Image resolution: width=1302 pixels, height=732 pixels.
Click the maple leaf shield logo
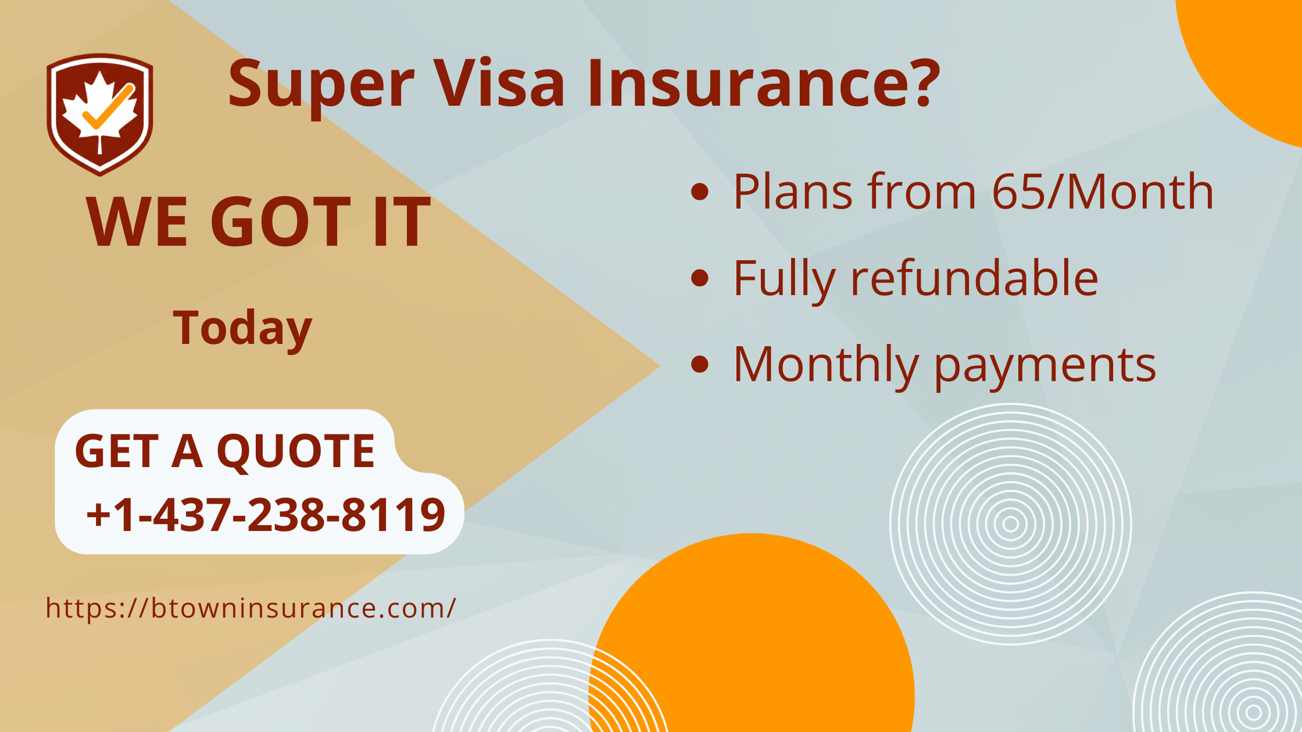pyautogui.click(x=100, y=114)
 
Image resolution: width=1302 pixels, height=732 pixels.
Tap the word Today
pyautogui.click(x=242, y=329)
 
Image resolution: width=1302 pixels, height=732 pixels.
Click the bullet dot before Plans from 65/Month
pyautogui.click(x=700, y=192)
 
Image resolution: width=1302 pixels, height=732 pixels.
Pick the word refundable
pyautogui.click(x=974, y=278)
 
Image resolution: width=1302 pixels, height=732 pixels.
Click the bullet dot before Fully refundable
pyautogui.click(x=700, y=278)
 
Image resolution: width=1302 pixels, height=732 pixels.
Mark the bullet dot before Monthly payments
pyautogui.click(x=700, y=364)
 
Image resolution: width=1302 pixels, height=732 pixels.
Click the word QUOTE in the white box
pyautogui.click(x=296, y=452)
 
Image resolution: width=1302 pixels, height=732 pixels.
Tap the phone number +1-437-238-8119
pyautogui.click(x=266, y=515)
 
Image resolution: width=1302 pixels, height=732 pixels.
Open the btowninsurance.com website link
pyautogui.click(x=251, y=608)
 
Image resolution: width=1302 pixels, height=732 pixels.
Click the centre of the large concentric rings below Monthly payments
pyautogui.click(x=1010, y=524)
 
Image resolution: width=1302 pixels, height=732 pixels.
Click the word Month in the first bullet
pyautogui.click(x=1140, y=191)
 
